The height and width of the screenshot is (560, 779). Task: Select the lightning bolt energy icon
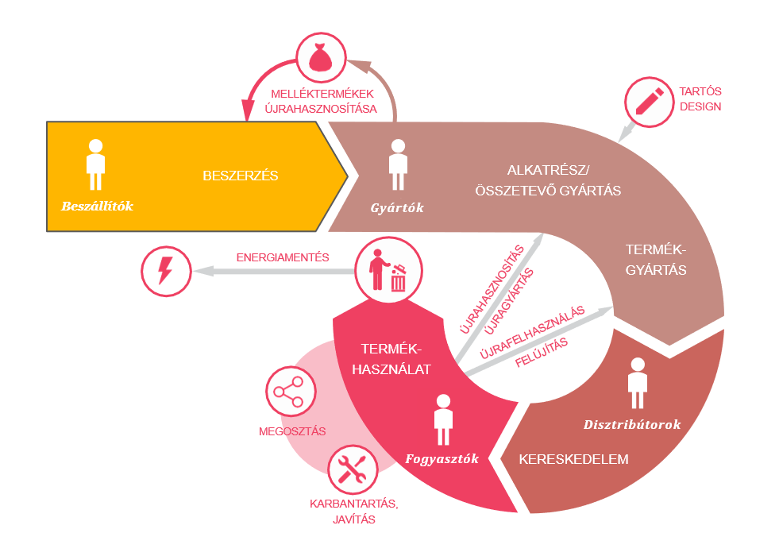point(166,272)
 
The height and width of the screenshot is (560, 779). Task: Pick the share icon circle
point(289,392)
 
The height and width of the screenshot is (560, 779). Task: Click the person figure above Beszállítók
point(95,165)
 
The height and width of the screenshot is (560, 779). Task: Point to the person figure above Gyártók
point(397,165)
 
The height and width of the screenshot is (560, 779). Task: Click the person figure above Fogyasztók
point(442,420)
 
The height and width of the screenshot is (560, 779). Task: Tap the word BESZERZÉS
point(240,176)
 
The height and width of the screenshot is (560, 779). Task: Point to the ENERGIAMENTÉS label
point(283,258)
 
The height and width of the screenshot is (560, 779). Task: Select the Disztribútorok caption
point(632,424)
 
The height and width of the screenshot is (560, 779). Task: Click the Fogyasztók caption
point(442,459)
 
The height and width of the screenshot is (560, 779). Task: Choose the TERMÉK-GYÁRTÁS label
point(656,260)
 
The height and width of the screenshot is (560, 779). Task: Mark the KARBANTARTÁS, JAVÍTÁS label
point(353,512)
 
